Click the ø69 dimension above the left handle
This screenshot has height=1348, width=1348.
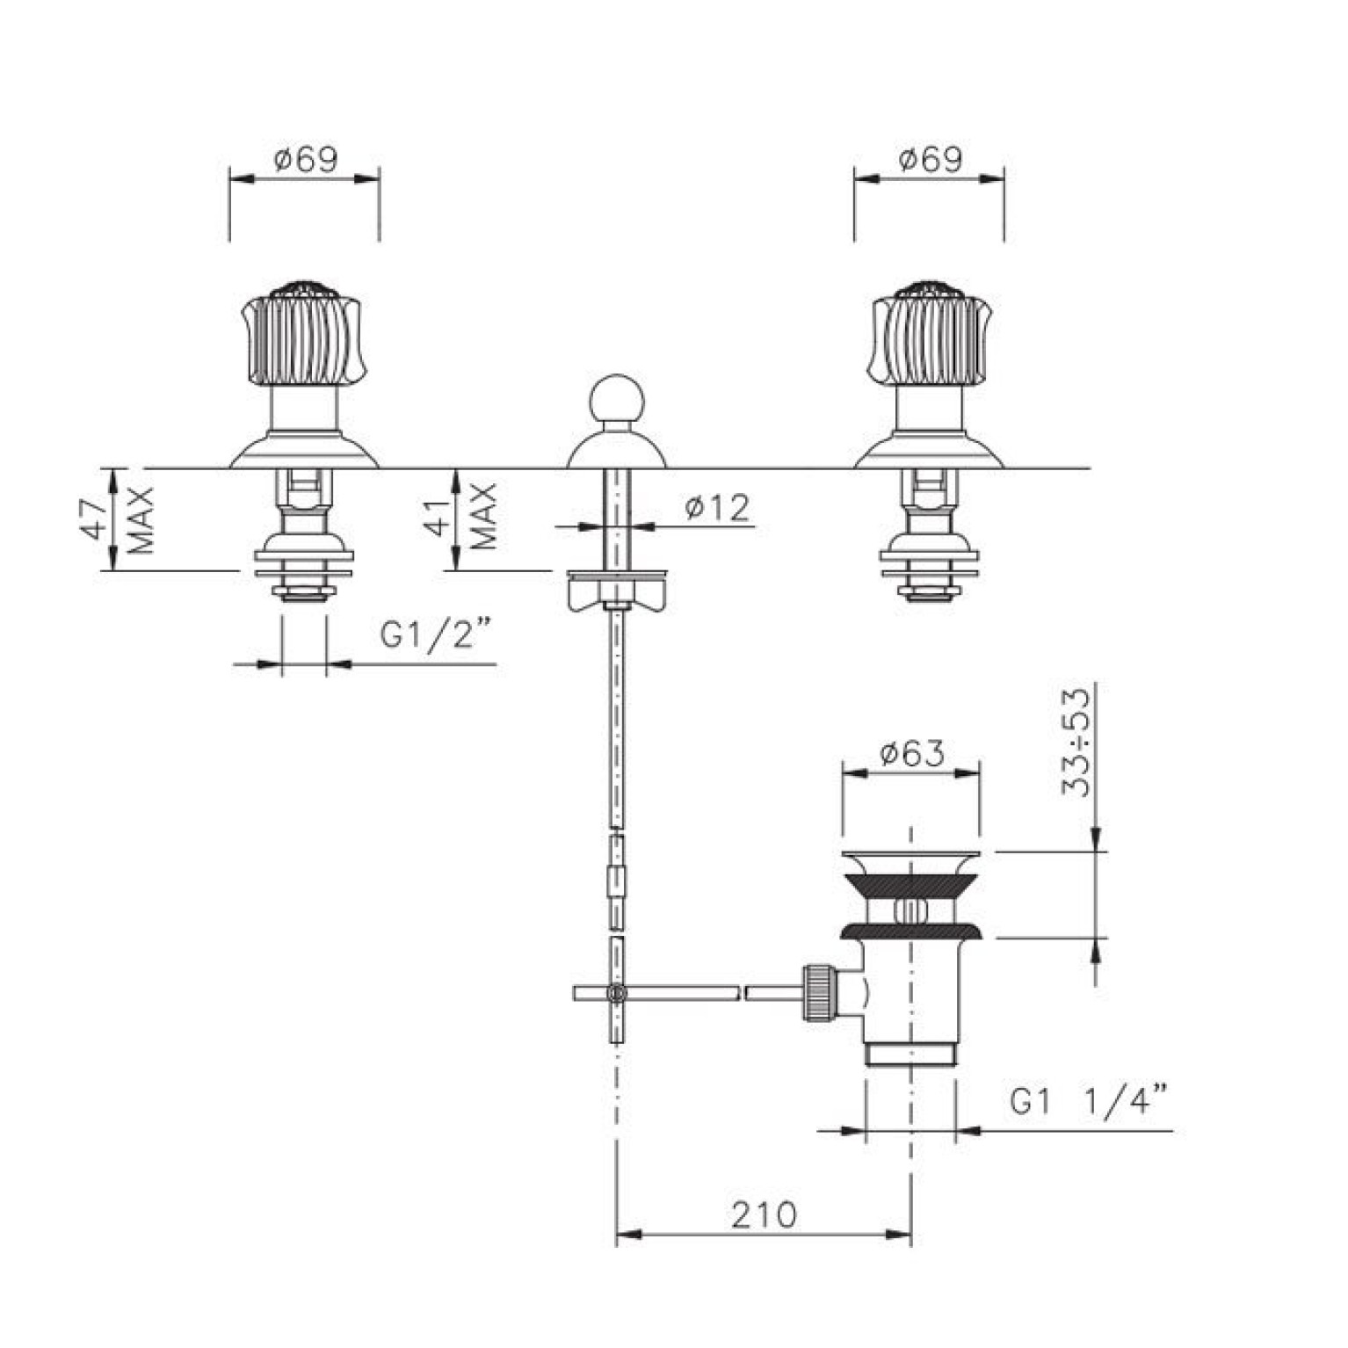coord(305,160)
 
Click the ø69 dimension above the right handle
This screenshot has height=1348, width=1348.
coord(930,160)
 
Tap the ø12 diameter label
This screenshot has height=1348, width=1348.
coord(717,509)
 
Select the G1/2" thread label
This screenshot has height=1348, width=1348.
coord(436,634)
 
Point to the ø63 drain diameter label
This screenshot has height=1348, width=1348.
coord(911,754)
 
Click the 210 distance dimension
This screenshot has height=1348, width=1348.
coord(764,1214)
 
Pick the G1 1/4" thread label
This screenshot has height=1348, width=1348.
coord(1090,1100)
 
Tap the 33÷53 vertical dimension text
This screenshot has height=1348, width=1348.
coord(1075,743)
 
